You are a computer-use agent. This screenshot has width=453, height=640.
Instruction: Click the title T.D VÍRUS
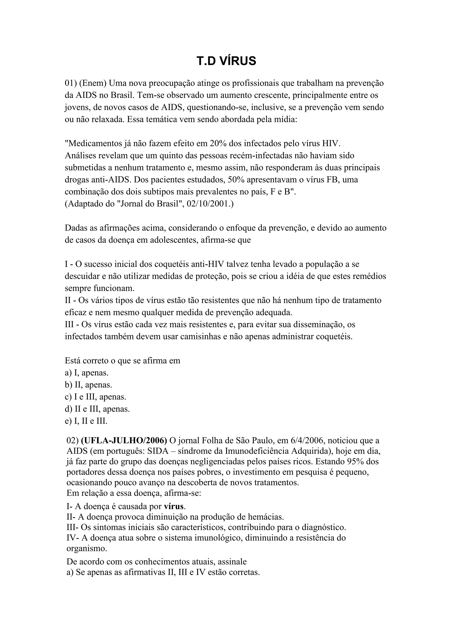click(x=226, y=61)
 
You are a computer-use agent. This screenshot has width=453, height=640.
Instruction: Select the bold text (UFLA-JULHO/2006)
click(x=124, y=440)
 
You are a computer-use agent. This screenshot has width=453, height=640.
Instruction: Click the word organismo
click(x=86, y=549)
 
